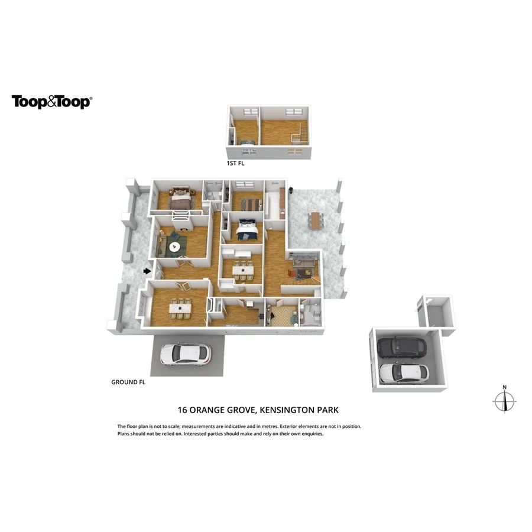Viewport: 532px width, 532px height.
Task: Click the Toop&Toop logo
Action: [52, 102]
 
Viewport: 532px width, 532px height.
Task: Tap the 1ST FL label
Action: [235, 163]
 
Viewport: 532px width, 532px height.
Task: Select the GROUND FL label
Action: [128, 382]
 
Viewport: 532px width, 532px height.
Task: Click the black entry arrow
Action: [147, 271]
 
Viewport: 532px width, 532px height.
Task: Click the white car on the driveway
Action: [184, 353]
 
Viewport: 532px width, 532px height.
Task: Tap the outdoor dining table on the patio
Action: [315, 220]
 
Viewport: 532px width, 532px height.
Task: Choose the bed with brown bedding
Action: [180, 197]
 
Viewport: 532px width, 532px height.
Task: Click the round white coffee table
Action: [175, 246]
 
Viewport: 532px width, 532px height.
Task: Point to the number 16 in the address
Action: [183, 410]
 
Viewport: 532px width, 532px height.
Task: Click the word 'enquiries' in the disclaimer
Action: [311, 433]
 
